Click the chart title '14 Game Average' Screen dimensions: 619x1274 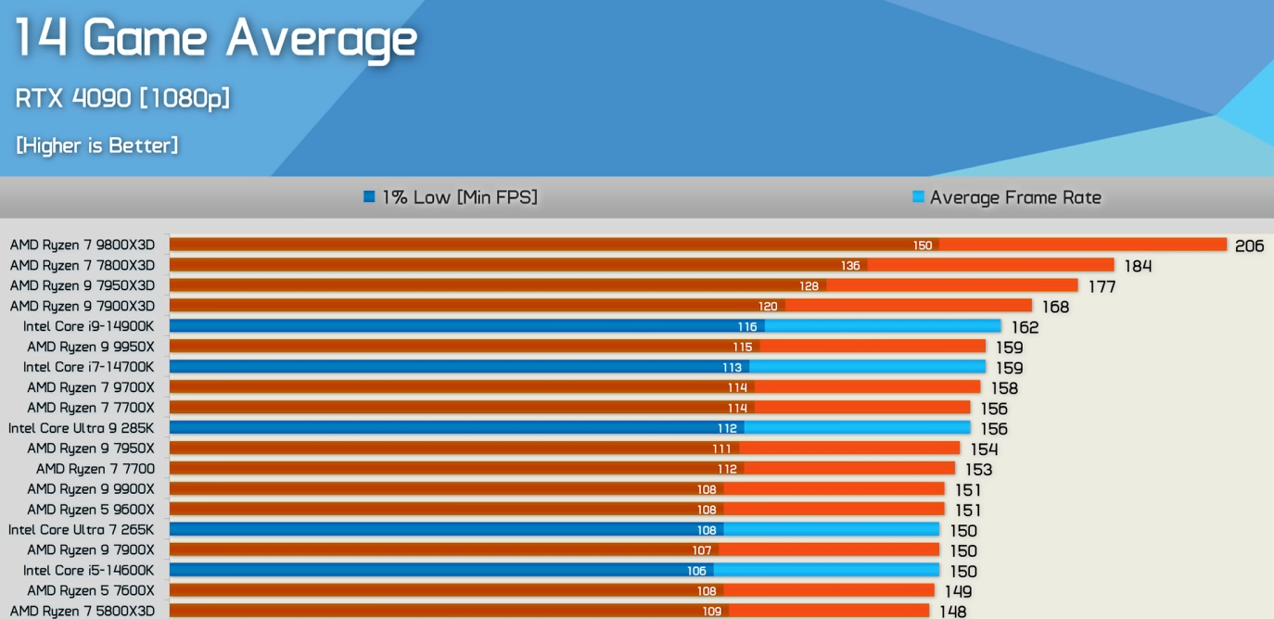(x=215, y=39)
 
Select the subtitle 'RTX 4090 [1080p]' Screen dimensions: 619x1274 (x=122, y=97)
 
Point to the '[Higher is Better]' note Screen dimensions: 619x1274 (x=96, y=145)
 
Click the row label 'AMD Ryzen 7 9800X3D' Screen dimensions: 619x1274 (x=83, y=246)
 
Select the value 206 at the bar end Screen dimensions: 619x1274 (x=1249, y=246)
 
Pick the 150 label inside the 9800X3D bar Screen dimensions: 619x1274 (x=922, y=246)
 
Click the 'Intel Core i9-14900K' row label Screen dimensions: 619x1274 (x=89, y=327)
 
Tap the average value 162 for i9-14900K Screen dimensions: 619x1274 (x=1025, y=328)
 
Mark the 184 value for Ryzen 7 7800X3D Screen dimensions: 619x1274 (x=1138, y=267)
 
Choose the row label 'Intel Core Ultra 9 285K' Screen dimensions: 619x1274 (x=82, y=429)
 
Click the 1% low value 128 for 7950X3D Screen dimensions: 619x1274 (x=809, y=286)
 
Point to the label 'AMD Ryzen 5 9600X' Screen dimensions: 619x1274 (x=91, y=510)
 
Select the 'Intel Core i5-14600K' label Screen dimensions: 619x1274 (x=89, y=571)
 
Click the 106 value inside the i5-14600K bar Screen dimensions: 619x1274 (x=696, y=571)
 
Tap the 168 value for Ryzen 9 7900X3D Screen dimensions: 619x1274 (x=1055, y=308)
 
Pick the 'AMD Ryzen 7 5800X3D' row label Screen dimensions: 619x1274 (x=83, y=612)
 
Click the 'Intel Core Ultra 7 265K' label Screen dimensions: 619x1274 (x=82, y=530)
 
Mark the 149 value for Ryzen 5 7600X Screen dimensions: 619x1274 (x=958, y=592)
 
